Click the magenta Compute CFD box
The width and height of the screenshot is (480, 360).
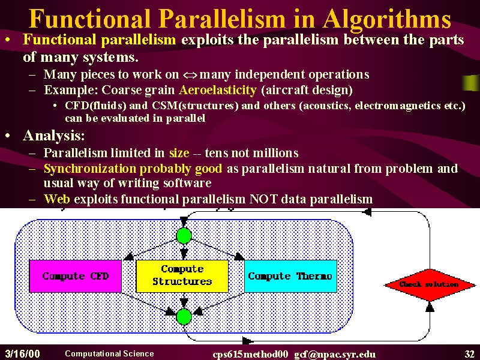click(76, 276)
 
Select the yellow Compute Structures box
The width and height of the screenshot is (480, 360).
click(182, 276)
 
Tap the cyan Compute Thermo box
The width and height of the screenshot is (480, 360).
click(290, 276)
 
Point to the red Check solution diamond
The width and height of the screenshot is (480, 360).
click(430, 284)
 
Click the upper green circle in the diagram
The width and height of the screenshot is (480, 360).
click(184, 236)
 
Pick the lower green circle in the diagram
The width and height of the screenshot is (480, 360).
click(184, 317)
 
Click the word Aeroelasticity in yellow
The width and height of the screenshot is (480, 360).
click(218, 90)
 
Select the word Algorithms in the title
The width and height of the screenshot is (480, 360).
click(386, 20)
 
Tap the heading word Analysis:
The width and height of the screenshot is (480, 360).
click(54, 136)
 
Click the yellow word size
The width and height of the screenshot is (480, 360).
click(179, 153)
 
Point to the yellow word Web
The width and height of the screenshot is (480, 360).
click(57, 199)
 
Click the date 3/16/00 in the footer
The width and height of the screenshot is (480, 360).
click(23, 354)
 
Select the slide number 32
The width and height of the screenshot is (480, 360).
click(469, 354)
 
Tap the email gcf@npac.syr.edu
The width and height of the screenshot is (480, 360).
click(335, 355)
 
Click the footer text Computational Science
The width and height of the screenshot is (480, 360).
click(109, 353)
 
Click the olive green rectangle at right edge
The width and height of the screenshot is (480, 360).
click(471, 83)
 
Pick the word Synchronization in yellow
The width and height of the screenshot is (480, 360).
click(89, 169)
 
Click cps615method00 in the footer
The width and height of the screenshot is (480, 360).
click(250, 355)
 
